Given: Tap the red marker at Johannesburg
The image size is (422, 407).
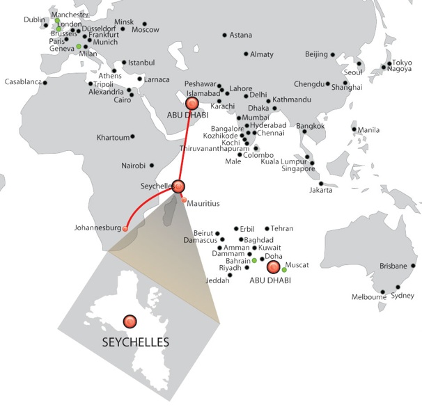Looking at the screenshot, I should coord(125,229).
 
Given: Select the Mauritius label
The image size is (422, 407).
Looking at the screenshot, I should coord(203,203).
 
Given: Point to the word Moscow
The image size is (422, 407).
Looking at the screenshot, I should coord(146,30).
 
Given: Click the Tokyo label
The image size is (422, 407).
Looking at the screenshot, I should coord(402,63).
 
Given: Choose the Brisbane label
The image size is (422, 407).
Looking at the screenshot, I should coord(394,266).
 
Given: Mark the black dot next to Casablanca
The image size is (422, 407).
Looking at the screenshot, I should coord(45,83).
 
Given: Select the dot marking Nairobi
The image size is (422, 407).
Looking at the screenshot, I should coord(150,166).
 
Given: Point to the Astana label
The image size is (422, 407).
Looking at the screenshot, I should coord(241,35).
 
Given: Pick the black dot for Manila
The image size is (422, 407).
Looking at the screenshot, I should coord(354,129).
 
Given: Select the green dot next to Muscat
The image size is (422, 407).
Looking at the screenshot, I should coord(284,269).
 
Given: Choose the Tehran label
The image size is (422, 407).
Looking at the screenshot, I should coord(282,228).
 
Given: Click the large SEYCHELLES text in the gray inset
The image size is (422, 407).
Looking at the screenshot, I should coord(135,342).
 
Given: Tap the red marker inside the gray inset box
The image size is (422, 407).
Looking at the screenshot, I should coord(130,321).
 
